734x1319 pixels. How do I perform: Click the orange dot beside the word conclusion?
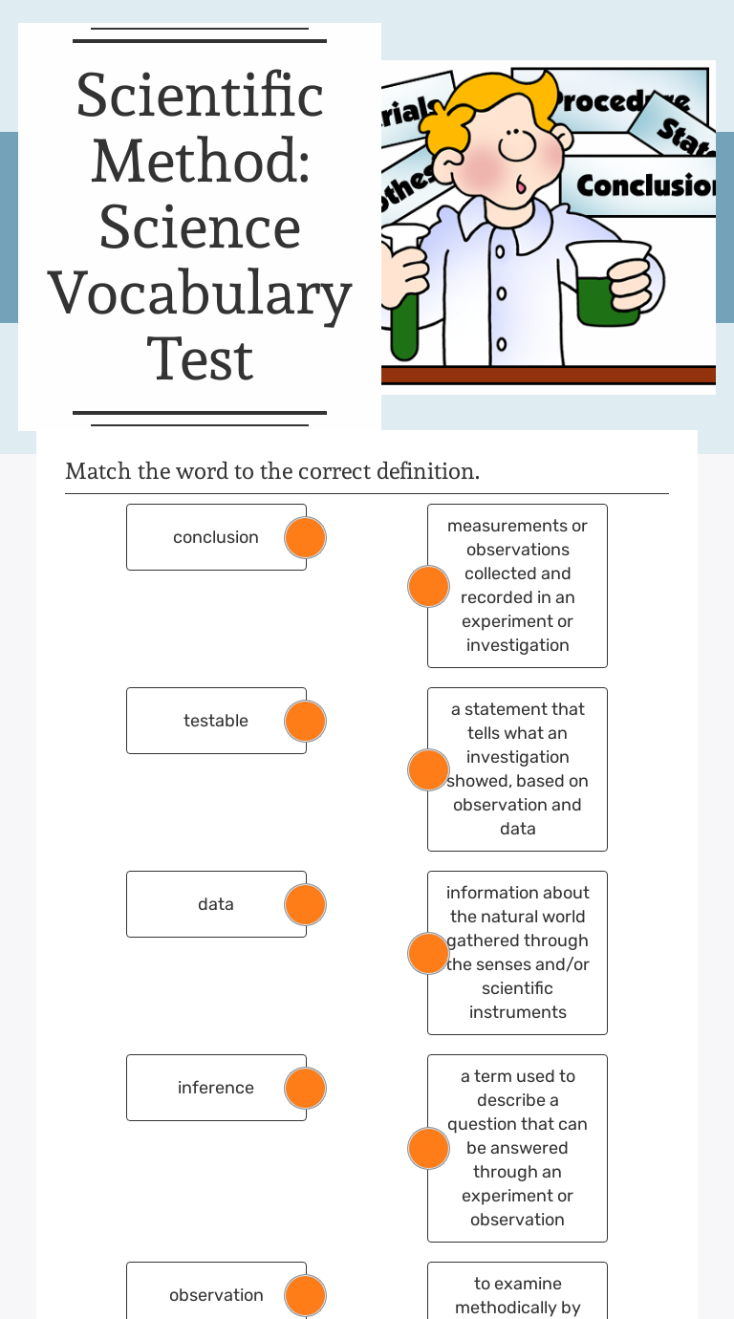tap(306, 537)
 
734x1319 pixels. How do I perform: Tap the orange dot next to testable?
tap(306, 721)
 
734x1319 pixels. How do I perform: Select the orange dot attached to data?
tap(306, 904)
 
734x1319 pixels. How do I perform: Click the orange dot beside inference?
tap(306, 1088)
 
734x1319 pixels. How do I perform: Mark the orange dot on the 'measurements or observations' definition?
tap(428, 586)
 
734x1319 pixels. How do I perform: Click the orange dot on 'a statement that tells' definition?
tap(428, 769)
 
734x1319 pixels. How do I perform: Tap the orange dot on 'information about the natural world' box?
tap(428, 953)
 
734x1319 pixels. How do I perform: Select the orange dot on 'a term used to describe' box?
tap(428, 1148)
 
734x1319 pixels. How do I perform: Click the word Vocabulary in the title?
tap(200, 294)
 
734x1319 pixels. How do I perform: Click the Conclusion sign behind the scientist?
tap(644, 185)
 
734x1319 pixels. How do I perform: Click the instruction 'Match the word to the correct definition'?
tap(272, 471)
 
